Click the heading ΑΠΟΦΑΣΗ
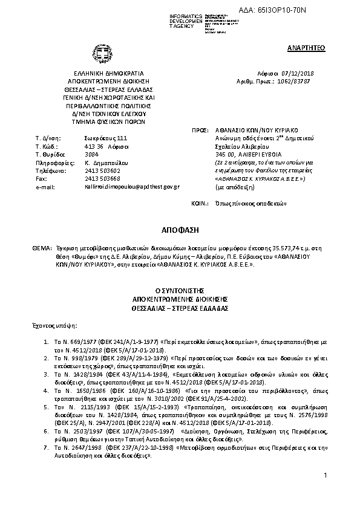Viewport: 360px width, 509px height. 178,231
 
